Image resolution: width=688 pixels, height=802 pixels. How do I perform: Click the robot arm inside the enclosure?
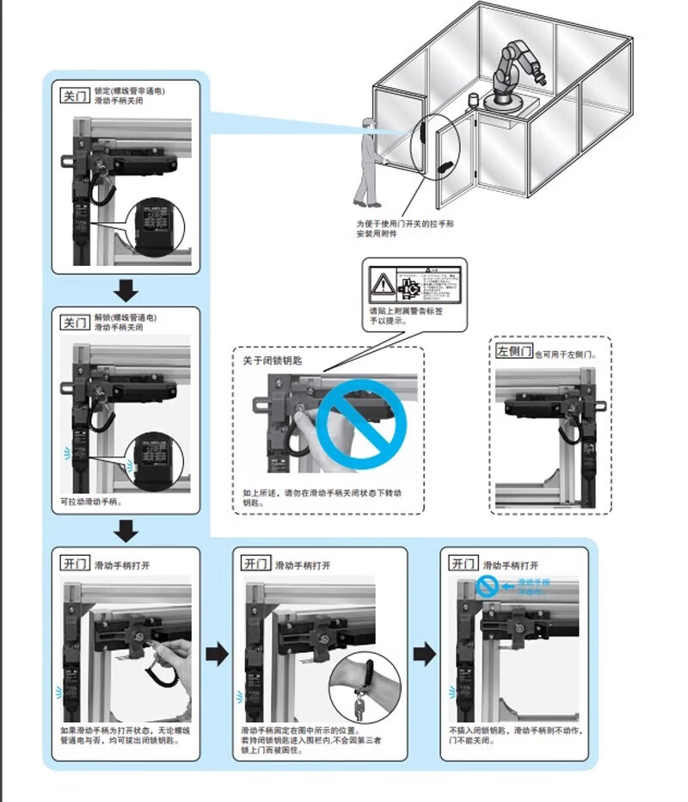coord(514,69)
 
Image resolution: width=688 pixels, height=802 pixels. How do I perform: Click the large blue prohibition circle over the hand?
coord(361,422)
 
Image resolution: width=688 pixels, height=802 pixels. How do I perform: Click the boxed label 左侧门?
coord(514,352)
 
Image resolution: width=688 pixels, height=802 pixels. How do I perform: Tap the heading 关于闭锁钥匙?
coord(273,361)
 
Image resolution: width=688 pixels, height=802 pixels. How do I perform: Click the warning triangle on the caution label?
coord(381,281)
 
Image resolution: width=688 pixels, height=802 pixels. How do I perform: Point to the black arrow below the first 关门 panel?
coord(126,290)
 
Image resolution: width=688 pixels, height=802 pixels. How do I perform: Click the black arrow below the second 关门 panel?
coord(126,530)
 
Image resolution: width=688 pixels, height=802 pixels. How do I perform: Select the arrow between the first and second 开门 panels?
coord(218,655)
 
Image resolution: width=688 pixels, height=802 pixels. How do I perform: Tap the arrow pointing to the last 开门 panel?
coord(424,655)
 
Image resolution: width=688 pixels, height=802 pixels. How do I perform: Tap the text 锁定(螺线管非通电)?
coord(129,90)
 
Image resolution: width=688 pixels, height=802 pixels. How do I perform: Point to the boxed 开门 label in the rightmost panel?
coord(464,564)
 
